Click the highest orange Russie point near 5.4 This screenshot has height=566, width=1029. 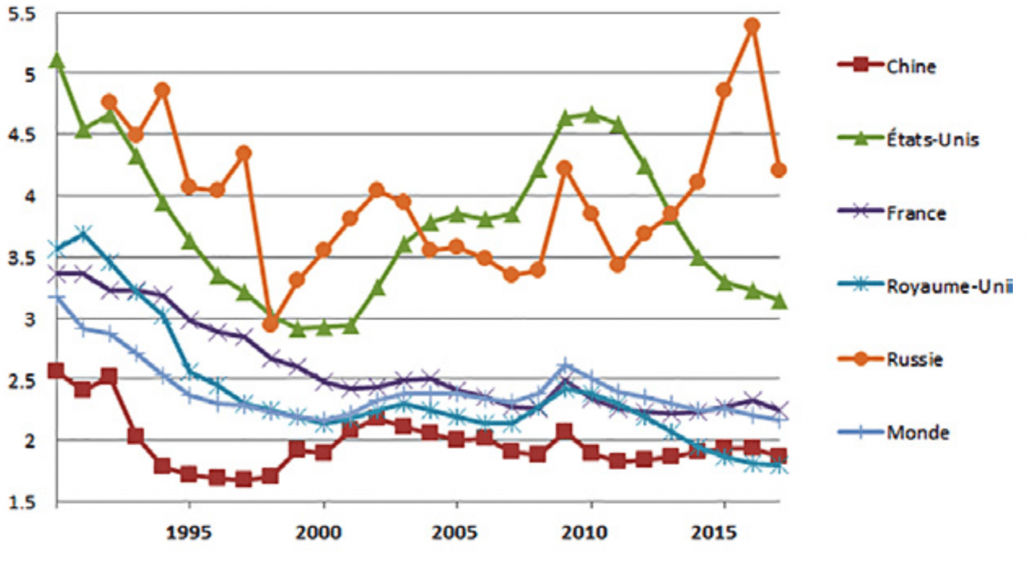point(751,26)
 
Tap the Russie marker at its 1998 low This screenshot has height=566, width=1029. point(270,323)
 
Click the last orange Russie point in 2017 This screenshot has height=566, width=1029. point(778,170)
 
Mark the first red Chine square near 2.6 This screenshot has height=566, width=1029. point(56,370)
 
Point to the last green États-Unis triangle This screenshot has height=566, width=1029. point(778,301)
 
